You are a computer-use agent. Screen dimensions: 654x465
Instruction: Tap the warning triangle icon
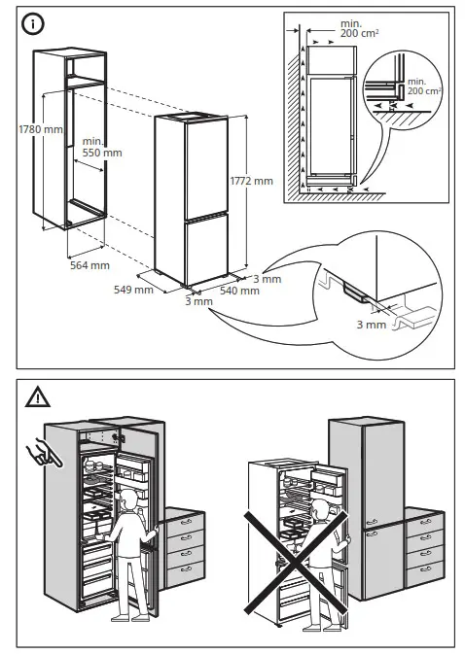coord(36,396)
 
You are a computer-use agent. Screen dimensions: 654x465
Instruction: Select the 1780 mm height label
coord(39,129)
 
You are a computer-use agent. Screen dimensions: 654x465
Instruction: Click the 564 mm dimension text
coord(89,264)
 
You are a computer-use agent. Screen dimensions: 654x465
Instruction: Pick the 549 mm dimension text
coord(134,289)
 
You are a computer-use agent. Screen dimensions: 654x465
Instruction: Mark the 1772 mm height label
coord(251,181)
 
